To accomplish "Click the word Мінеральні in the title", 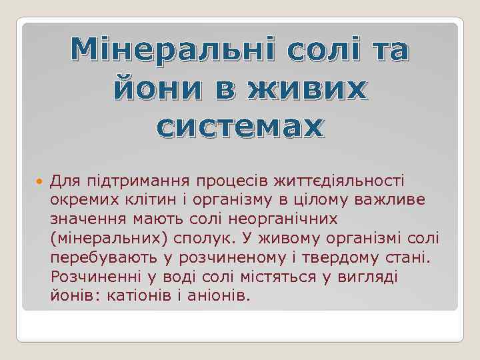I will coord(174,49).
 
